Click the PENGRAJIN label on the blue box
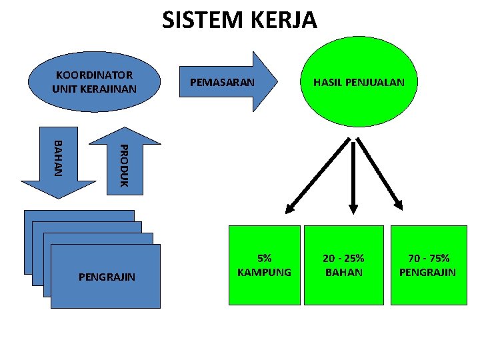(107, 276)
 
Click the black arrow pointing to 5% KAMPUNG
(317, 174)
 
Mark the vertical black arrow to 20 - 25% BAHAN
(353, 174)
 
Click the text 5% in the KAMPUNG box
(265, 258)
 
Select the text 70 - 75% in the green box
(427, 258)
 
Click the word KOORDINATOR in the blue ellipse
(94, 75)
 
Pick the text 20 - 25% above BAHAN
(343, 258)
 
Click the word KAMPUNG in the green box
(265, 272)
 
